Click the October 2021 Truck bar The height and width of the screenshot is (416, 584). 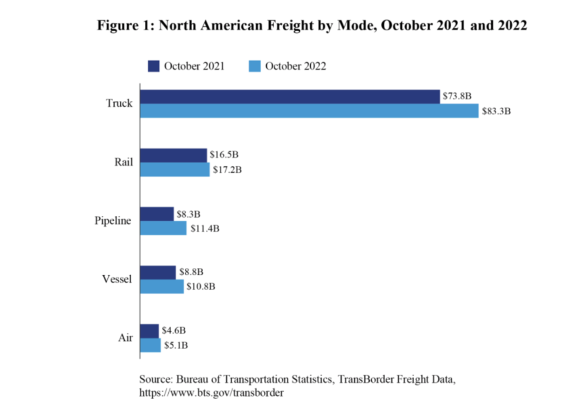click(290, 97)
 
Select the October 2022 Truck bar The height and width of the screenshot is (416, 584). click(309, 111)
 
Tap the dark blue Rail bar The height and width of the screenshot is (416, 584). click(173, 156)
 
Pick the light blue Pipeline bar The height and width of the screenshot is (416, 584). click(163, 228)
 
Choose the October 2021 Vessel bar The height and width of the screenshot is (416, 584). click(158, 272)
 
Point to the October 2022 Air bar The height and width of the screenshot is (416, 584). click(151, 345)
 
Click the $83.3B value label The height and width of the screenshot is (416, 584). click(496, 111)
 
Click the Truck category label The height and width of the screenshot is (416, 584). click(119, 104)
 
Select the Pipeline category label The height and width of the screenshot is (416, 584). click(113, 221)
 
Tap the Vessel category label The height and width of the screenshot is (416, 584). click(117, 279)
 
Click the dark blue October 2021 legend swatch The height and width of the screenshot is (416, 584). click(153, 66)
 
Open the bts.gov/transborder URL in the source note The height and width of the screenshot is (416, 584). click(212, 393)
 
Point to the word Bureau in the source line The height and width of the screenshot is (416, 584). click(193, 379)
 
